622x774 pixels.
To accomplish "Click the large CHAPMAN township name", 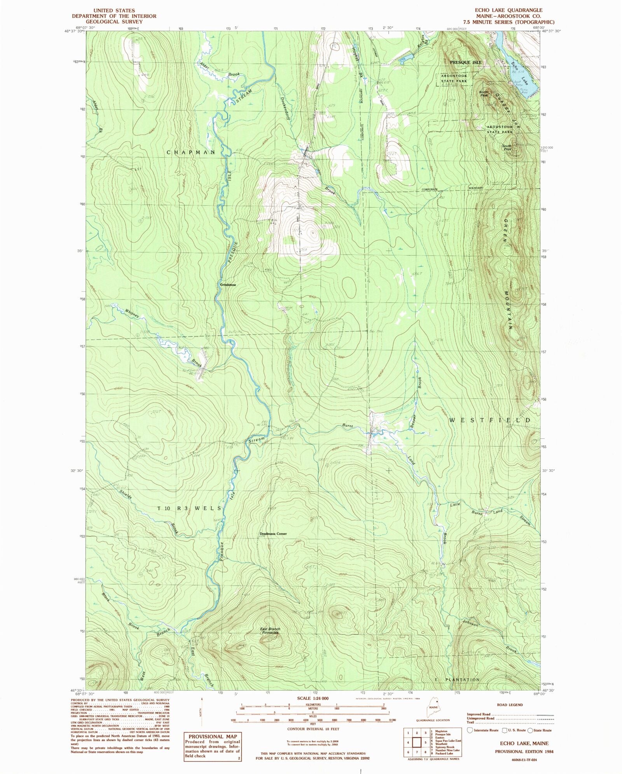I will click(191, 152).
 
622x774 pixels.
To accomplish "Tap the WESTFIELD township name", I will click(490, 420).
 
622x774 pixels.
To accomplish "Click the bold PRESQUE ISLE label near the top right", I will click(465, 62).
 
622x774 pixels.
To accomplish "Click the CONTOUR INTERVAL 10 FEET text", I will click(313, 729).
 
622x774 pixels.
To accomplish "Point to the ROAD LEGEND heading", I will click(510, 704).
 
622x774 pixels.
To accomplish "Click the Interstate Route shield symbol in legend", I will click(470, 730).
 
